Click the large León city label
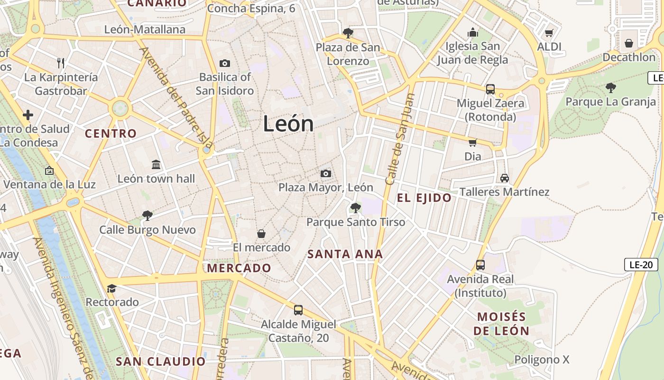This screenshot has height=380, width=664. point(288,124)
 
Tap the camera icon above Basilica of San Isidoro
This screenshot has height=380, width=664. point(225,63)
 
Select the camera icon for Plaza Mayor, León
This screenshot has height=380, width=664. point(325,173)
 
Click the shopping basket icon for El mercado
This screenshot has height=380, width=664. point(261,234)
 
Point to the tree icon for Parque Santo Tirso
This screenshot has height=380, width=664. point(355,208)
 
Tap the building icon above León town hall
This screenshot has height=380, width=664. point(156,165)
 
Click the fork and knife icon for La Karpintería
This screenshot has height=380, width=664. point(61,63)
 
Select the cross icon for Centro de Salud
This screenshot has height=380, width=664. point(28,115)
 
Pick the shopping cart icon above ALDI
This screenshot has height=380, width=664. point(549,33)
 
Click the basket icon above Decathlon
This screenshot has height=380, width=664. point(629,43)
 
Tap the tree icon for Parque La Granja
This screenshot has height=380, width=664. point(611,87)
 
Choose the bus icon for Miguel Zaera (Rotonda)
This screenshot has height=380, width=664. point(490,89)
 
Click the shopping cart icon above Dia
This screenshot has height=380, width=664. point(472,142)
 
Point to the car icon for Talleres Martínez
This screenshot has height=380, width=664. point(504,178)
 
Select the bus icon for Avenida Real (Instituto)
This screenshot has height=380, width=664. point(480,265)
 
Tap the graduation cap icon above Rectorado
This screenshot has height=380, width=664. point(112,288)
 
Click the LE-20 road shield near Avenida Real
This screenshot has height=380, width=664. point(640,265)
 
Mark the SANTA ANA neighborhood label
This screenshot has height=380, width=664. point(345,254)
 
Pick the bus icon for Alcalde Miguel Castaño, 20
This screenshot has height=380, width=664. point(298,310)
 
